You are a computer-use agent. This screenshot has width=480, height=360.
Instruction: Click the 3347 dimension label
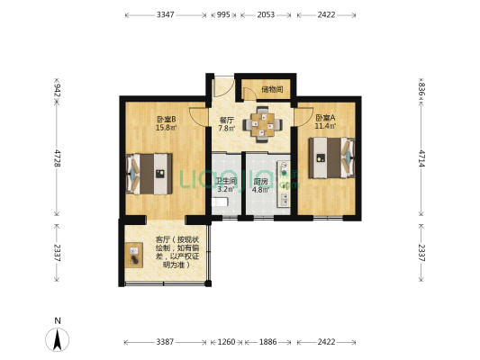[x=165, y=15]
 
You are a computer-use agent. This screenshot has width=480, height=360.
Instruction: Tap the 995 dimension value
[x=224, y=15]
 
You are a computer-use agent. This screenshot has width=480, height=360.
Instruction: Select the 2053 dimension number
[x=266, y=15]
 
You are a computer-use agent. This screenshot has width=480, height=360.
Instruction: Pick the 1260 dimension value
[x=226, y=342]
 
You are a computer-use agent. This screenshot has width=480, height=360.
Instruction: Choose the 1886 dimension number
[x=268, y=342]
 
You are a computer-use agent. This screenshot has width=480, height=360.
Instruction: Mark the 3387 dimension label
[x=165, y=342]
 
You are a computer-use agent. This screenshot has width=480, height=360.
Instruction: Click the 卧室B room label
[x=165, y=119]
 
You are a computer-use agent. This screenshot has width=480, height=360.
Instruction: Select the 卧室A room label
[x=325, y=117]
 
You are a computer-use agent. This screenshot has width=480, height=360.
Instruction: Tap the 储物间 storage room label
[x=272, y=89]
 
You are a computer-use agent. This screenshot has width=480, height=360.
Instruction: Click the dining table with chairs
[x=265, y=125]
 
